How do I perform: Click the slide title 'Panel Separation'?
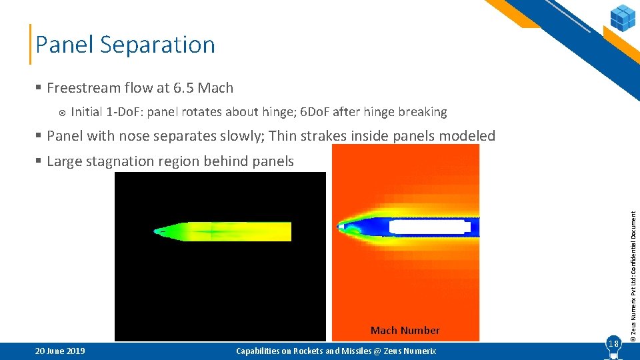(x=125, y=45)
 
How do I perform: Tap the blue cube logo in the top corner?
(x=623, y=17)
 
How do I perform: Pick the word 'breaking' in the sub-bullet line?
(x=422, y=112)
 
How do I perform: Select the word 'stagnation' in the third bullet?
(x=124, y=161)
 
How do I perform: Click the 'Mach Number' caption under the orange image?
(x=405, y=330)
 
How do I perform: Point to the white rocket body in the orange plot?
(x=427, y=227)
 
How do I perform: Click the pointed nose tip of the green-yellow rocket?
(x=155, y=232)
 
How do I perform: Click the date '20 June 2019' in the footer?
(x=60, y=351)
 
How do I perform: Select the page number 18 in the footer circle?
(x=613, y=343)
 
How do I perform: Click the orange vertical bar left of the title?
(x=31, y=45)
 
